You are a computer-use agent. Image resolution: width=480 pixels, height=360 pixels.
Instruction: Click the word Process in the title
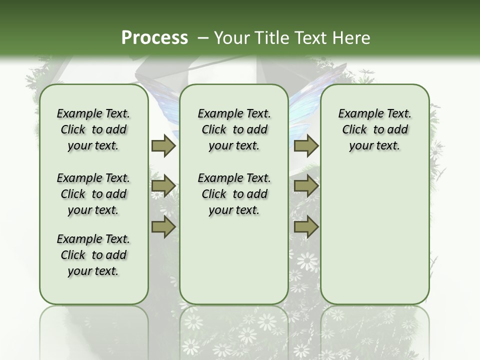click(x=154, y=37)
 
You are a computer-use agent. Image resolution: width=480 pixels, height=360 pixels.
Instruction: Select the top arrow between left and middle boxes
click(x=163, y=145)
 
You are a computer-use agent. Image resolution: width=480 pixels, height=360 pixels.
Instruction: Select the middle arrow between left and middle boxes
click(x=163, y=186)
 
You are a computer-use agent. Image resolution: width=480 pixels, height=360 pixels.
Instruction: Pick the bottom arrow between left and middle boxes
click(x=163, y=227)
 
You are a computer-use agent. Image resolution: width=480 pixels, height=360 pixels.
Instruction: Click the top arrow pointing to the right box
click(x=306, y=145)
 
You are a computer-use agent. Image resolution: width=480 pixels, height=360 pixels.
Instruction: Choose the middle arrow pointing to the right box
click(x=306, y=186)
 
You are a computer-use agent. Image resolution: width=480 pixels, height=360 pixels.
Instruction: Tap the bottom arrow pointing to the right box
click(x=306, y=227)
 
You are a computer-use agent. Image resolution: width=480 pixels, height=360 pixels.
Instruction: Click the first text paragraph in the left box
click(x=93, y=129)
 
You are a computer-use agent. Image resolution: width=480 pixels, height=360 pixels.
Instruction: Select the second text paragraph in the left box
click(x=93, y=194)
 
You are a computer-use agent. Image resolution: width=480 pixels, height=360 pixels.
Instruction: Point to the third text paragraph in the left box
click(x=93, y=255)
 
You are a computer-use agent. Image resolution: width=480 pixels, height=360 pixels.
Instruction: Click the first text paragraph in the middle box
click(x=234, y=129)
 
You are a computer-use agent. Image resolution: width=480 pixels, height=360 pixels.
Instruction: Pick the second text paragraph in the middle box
click(x=234, y=194)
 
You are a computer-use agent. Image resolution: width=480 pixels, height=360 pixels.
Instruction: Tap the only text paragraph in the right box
click(x=374, y=129)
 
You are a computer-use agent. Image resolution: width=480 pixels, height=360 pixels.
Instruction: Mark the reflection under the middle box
click(x=234, y=330)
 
